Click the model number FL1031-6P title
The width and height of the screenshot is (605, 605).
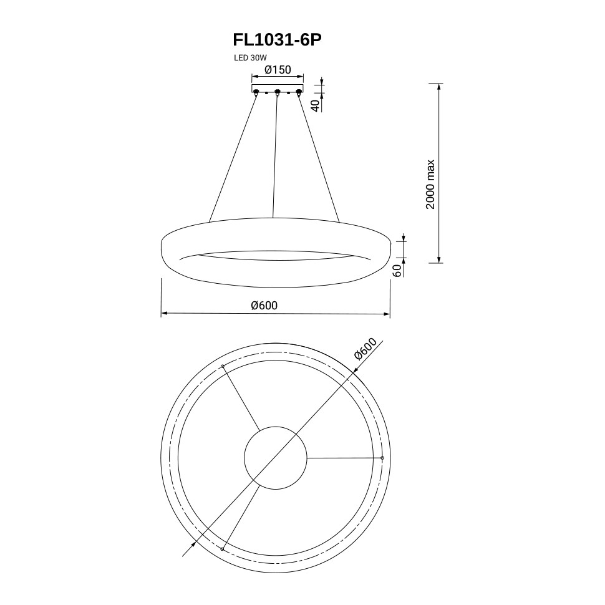click(277, 40)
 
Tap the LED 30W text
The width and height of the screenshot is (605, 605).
click(250, 58)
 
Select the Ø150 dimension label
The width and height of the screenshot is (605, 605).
click(278, 70)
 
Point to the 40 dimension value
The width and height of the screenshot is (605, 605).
click(316, 105)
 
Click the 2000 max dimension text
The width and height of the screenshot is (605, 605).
click(430, 184)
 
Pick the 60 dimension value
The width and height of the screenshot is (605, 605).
click(398, 271)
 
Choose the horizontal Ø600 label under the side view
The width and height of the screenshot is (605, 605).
click(264, 305)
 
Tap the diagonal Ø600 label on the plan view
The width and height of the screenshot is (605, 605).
click(365, 349)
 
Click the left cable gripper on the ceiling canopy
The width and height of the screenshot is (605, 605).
click(256, 92)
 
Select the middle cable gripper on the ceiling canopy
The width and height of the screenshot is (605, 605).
click(277, 92)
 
